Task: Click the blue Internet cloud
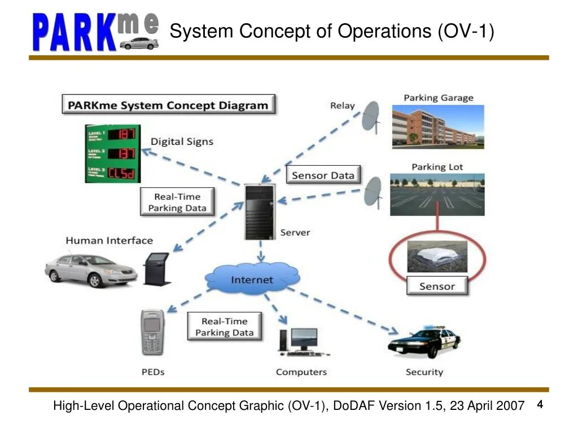pyautogui.click(x=252, y=279)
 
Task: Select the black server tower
pyautogui.click(x=260, y=211)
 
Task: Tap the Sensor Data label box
pyautogui.click(x=323, y=175)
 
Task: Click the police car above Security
pyautogui.click(x=424, y=342)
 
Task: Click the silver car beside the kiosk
pyautogui.click(x=91, y=269)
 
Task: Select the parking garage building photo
pyautogui.click(x=438, y=127)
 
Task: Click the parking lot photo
pyautogui.click(x=437, y=195)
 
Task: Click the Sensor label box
pyautogui.click(x=437, y=286)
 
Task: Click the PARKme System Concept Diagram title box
pyautogui.click(x=168, y=105)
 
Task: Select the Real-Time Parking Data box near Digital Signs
pyautogui.click(x=177, y=202)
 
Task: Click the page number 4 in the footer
pyautogui.click(x=540, y=405)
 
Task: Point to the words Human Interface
pyautogui.click(x=109, y=241)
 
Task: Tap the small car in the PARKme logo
pyautogui.click(x=138, y=43)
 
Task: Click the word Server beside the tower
pyautogui.click(x=295, y=232)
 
